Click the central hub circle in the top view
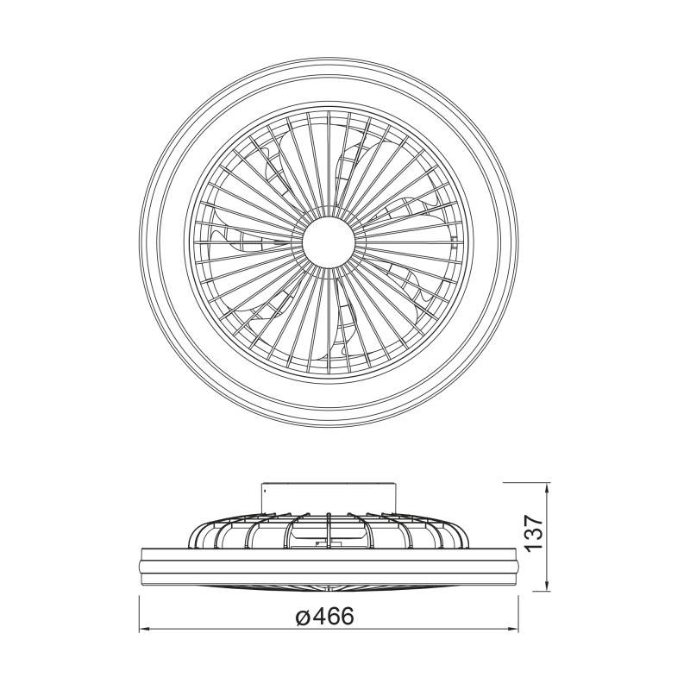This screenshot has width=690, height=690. coord(329,241)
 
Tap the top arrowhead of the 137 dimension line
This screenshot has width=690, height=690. coord(547,486)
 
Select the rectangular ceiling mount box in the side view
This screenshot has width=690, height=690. coord(329,499)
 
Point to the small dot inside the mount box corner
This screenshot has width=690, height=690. coord(266,488)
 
